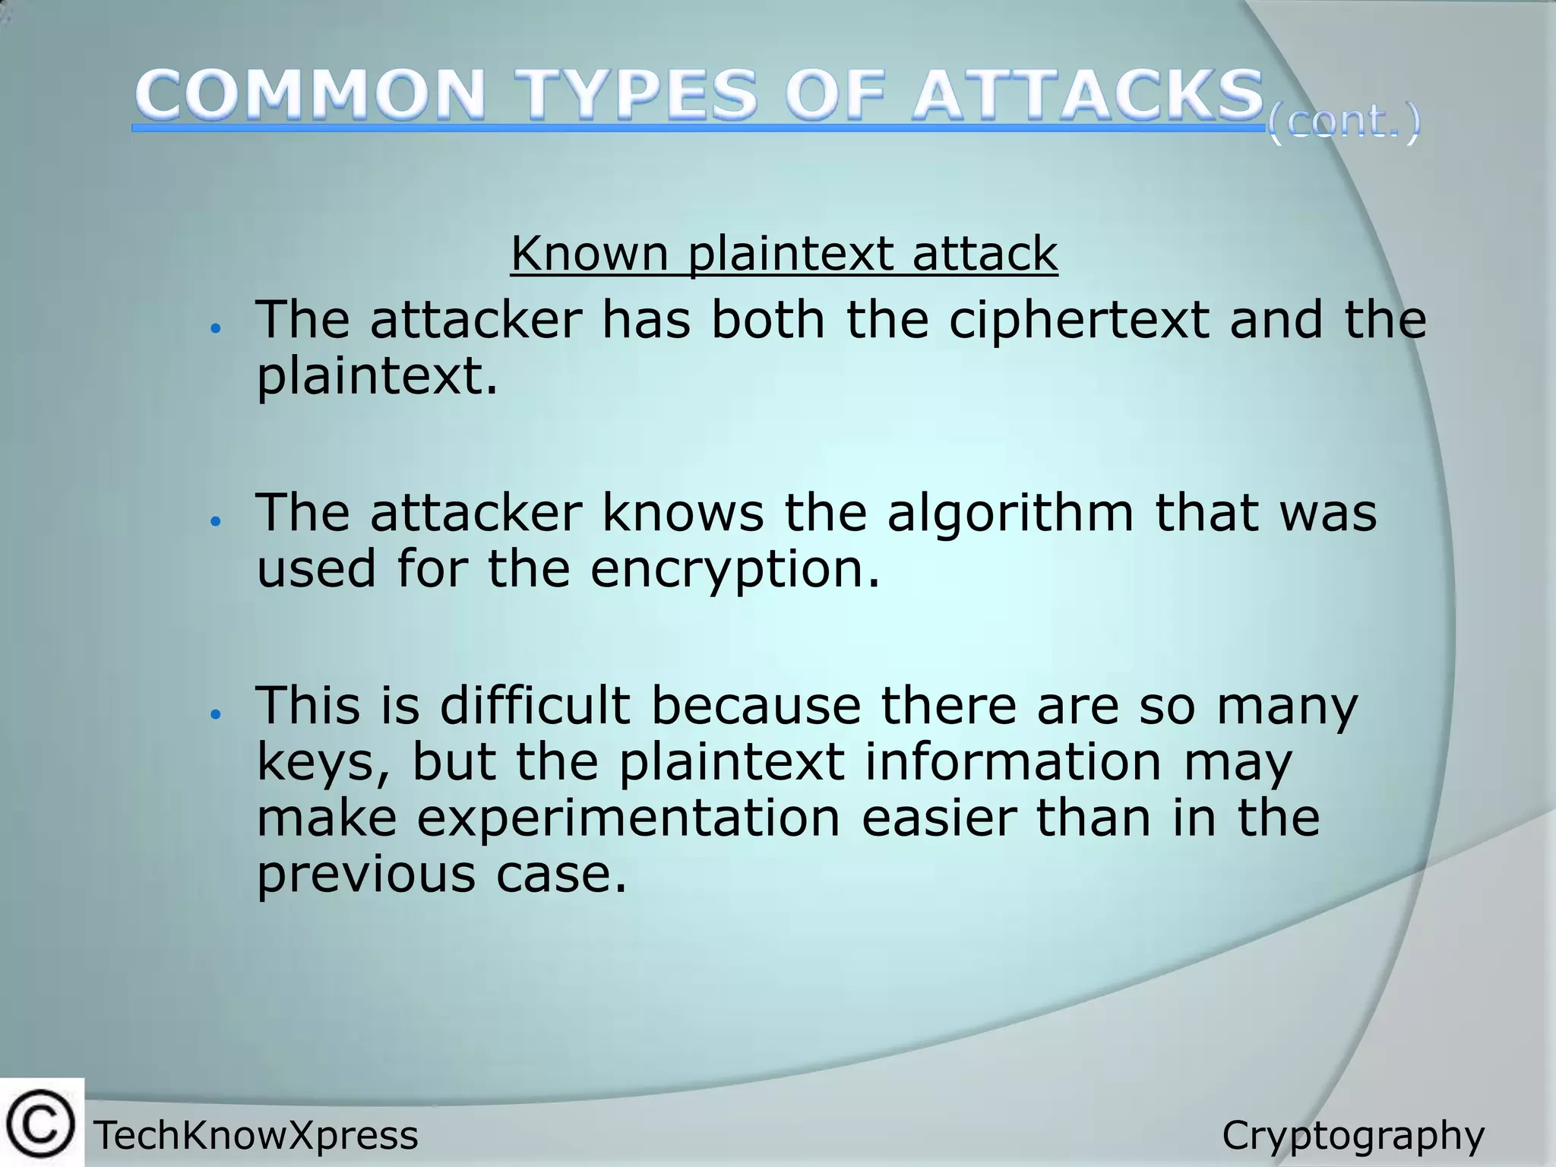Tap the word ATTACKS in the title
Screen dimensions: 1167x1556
tap(1087, 96)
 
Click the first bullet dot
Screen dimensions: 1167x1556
tap(216, 328)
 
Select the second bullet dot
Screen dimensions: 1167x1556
tap(216, 521)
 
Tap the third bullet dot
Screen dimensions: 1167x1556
tap(216, 714)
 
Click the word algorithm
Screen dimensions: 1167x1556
tap(1010, 514)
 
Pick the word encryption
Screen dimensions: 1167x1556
tap(734, 570)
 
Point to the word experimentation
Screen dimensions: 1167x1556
tap(628, 818)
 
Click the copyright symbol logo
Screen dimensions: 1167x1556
tap(41, 1123)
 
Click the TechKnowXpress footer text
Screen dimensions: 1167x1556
tap(256, 1136)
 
